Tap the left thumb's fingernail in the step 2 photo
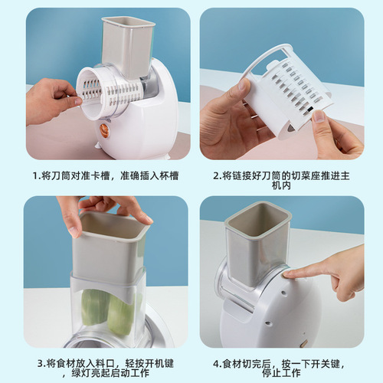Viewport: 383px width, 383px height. [x=243, y=85]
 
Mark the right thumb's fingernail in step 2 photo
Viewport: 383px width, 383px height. [x=317, y=116]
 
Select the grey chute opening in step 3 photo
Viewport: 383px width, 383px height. [x=112, y=230]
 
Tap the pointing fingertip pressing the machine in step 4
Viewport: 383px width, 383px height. [x=289, y=272]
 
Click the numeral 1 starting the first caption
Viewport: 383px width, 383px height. [x=35, y=175]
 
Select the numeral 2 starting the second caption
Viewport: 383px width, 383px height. [x=216, y=175]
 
